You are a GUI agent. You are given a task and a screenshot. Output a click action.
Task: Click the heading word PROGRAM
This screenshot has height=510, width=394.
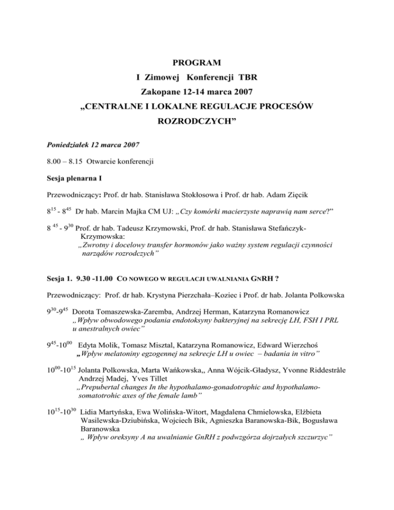(x=197, y=63)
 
